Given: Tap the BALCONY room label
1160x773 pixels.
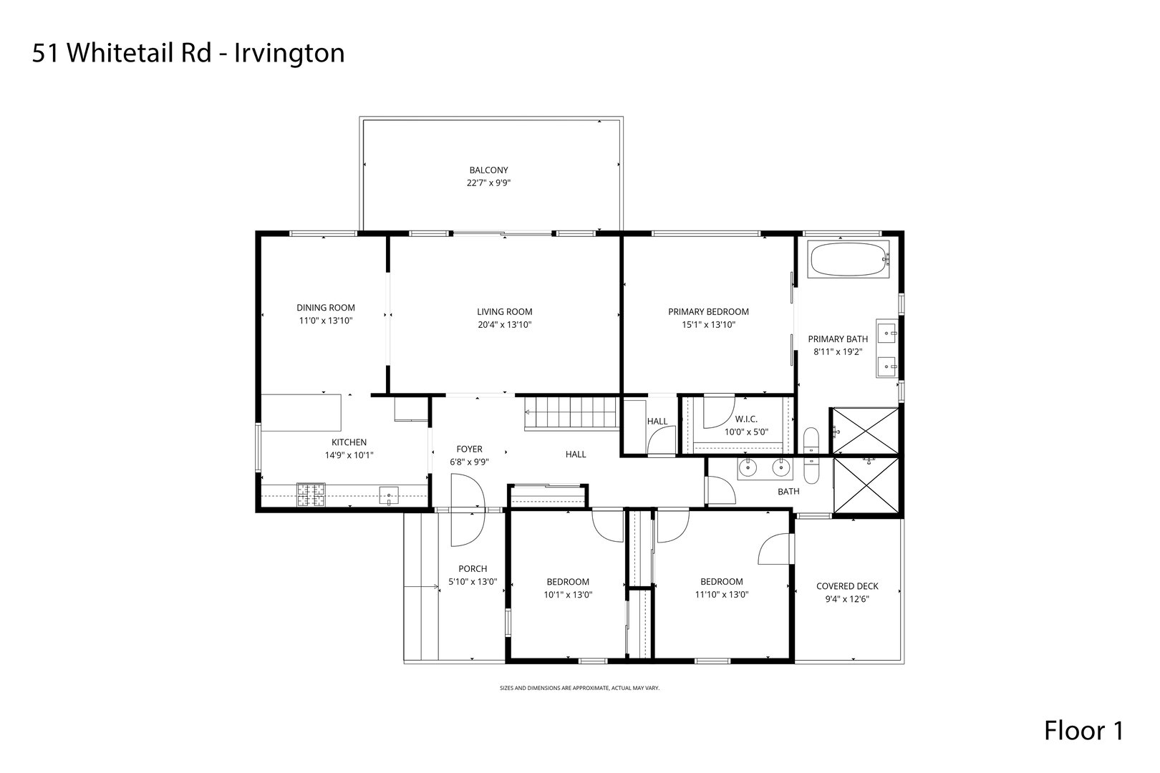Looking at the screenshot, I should (488, 170).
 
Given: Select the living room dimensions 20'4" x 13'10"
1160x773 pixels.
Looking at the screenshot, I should (504, 324).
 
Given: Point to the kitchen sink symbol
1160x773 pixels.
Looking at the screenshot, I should (390, 493).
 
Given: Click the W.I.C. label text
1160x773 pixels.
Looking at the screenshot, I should (745, 419).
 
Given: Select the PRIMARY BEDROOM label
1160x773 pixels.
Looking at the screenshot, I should (708, 312).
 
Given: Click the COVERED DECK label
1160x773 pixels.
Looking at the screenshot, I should (847, 586).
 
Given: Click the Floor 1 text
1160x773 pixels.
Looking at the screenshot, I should (1083, 731).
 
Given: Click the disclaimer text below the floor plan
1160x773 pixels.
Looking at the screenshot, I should (579, 688).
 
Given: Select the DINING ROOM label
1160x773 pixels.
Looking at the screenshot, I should (326, 308).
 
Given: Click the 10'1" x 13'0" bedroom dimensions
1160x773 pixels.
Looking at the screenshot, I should (567, 594).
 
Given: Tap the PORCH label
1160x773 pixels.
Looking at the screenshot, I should (473, 569).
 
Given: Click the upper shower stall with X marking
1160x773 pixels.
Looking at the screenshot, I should (864, 431).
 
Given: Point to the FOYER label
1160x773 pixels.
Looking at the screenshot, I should (470, 449).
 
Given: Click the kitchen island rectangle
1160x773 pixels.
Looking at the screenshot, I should (301, 412).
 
